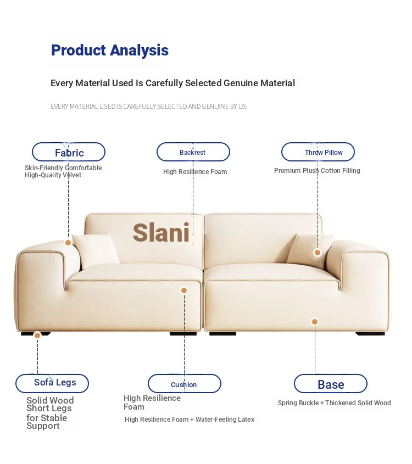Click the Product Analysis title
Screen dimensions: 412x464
click(x=110, y=50)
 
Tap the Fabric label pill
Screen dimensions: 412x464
click(x=69, y=152)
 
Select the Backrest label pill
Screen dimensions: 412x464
click(x=193, y=152)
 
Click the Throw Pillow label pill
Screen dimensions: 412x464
click(x=318, y=152)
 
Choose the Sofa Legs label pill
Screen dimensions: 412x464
click(x=52, y=383)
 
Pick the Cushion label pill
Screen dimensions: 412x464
click(x=185, y=383)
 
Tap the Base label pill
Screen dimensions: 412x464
click(x=331, y=383)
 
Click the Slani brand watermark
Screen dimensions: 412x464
click(x=161, y=233)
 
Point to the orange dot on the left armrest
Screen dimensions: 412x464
click(x=68, y=243)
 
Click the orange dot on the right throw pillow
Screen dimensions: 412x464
click(x=318, y=253)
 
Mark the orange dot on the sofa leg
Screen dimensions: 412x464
click(x=37, y=336)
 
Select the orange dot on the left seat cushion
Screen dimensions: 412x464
click(x=184, y=290)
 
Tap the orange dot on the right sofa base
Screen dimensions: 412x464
click(x=315, y=322)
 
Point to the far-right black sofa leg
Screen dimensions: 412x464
click(x=370, y=334)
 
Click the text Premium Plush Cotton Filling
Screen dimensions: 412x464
click(x=317, y=171)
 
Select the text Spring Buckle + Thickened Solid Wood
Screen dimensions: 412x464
click(x=334, y=402)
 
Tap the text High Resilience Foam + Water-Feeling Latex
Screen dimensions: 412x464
click(x=190, y=420)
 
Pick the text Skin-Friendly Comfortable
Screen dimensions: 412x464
click(x=63, y=168)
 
